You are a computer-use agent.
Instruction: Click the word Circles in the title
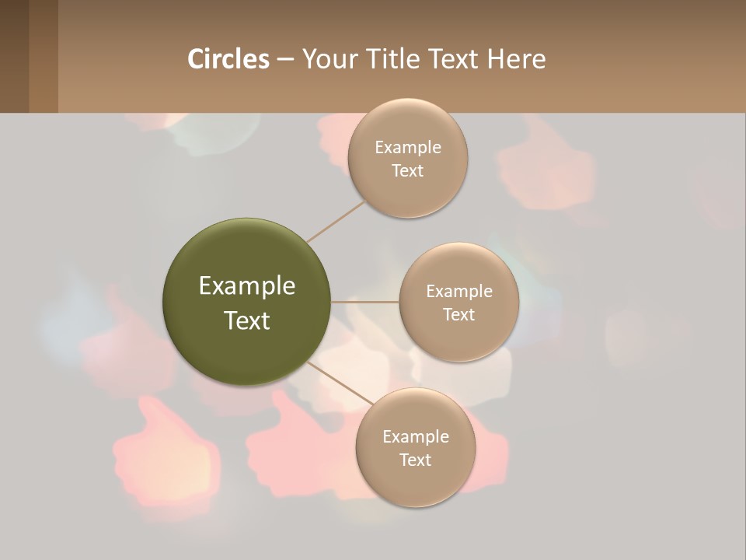[228, 59]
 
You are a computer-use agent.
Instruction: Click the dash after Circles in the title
[285, 60]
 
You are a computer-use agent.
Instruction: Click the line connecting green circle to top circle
[336, 222]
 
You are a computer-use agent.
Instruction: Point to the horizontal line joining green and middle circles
[365, 302]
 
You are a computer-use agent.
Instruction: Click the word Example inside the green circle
[247, 286]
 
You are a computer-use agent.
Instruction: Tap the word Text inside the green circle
[247, 320]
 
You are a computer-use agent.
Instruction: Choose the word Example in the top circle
[408, 148]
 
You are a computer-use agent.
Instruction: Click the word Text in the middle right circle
[458, 314]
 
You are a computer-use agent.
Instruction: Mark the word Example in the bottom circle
[416, 437]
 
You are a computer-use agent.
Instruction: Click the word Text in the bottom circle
[415, 460]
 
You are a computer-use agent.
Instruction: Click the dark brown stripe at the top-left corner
[14, 56]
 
